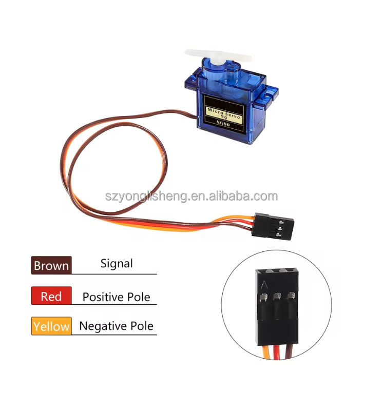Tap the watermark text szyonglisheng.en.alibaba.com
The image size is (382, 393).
190,196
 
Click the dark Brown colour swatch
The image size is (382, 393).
51,265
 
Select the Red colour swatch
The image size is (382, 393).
51,296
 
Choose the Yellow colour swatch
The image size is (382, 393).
51,326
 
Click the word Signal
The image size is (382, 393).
117,264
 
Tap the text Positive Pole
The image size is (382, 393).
116,297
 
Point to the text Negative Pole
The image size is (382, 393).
116,326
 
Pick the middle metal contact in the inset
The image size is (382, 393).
278,296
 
